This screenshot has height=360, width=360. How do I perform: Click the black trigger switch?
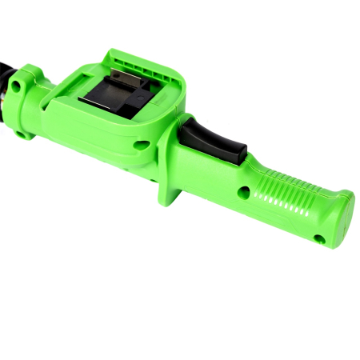[213, 142]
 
